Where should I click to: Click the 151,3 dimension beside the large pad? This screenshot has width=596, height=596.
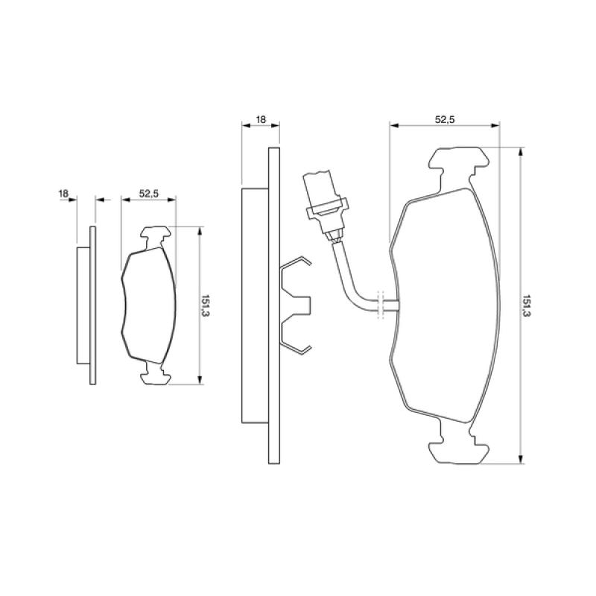(x=527, y=305)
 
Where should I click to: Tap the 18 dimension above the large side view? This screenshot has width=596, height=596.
(x=261, y=119)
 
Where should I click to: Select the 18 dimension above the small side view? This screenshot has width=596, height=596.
(x=63, y=194)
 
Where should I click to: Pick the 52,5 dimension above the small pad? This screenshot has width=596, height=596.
(x=149, y=194)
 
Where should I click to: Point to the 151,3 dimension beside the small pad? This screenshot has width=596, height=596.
(x=206, y=306)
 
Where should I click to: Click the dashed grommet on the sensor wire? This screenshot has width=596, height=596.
(x=381, y=302)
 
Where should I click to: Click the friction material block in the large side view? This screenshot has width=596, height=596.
(x=254, y=306)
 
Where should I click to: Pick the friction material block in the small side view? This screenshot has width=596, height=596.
(x=83, y=305)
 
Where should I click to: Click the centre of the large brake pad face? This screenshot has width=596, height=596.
(x=443, y=305)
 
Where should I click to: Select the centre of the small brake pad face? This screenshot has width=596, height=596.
(x=149, y=305)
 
